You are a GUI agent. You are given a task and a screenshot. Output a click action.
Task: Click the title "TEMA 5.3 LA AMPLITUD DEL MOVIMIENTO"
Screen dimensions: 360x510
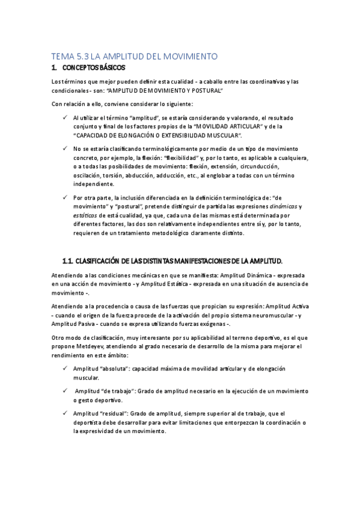coord(133,57)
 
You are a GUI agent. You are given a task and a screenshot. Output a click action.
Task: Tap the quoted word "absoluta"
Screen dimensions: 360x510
coord(112,368)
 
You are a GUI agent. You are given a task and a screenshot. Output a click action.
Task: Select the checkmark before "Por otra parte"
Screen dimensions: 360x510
coord(66,197)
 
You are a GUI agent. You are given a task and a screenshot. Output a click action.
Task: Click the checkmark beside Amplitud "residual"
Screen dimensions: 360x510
coord(66,413)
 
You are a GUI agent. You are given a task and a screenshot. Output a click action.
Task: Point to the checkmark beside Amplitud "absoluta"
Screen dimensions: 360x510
coord(66,368)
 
